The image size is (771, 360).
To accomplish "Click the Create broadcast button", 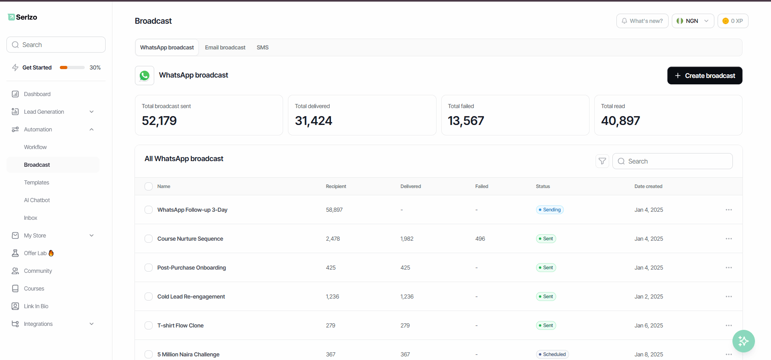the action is tap(705, 76).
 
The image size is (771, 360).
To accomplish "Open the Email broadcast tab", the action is tap(225, 47).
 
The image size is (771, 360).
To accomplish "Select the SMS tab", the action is tap(263, 47).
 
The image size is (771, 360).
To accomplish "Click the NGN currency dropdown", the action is tap(693, 21).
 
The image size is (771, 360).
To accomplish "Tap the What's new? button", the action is tap(642, 21).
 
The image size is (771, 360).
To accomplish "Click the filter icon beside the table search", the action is tap(602, 161).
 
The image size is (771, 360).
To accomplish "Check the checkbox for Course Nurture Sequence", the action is tap(149, 239).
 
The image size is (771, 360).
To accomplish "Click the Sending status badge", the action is tap(550, 210).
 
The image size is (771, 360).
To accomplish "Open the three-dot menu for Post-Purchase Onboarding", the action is tap(729, 268).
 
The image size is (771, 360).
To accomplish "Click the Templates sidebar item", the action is tap(37, 182).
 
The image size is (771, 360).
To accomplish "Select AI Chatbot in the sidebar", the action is tap(37, 200).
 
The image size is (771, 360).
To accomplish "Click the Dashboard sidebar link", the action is tap(37, 94).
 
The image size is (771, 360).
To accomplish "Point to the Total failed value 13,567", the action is tap(466, 121).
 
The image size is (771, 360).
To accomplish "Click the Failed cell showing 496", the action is tap(480, 239).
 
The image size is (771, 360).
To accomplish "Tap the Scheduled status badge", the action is tap(552, 354).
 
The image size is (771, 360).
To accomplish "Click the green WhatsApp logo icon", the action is tap(145, 76).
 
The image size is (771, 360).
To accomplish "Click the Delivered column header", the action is tap(410, 186).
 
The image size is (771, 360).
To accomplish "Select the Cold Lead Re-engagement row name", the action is tap(191, 297).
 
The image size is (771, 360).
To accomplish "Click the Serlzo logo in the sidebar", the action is tap(22, 17).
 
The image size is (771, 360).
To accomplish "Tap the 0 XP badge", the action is tap(733, 21).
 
